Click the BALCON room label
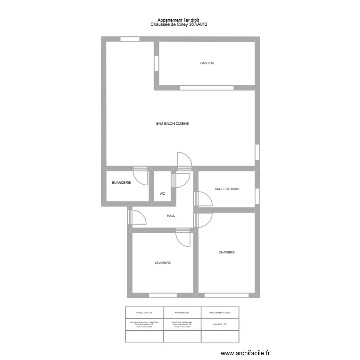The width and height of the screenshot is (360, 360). coord(207,63)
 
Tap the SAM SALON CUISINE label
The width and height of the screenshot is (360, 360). coord(172,124)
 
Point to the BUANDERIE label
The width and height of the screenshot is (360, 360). coord(121,183)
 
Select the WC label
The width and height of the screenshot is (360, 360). coord(162,194)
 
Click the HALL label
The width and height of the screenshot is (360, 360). coord(171,216)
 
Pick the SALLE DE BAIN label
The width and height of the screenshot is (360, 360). coord(227,189)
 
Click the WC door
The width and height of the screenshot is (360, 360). coord(182,180)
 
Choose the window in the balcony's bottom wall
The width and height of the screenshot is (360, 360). coord(206,88)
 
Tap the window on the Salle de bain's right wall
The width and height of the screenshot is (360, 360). coord(257,195)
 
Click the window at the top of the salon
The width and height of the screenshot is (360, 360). coord(130,39)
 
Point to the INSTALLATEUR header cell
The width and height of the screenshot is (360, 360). coord(144,312)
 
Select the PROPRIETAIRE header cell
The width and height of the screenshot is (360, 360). coord(182,312)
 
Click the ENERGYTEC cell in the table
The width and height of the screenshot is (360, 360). coord(220,324)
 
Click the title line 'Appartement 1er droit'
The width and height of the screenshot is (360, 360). coord(175,20)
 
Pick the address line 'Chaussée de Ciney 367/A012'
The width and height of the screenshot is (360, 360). coord(175,24)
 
